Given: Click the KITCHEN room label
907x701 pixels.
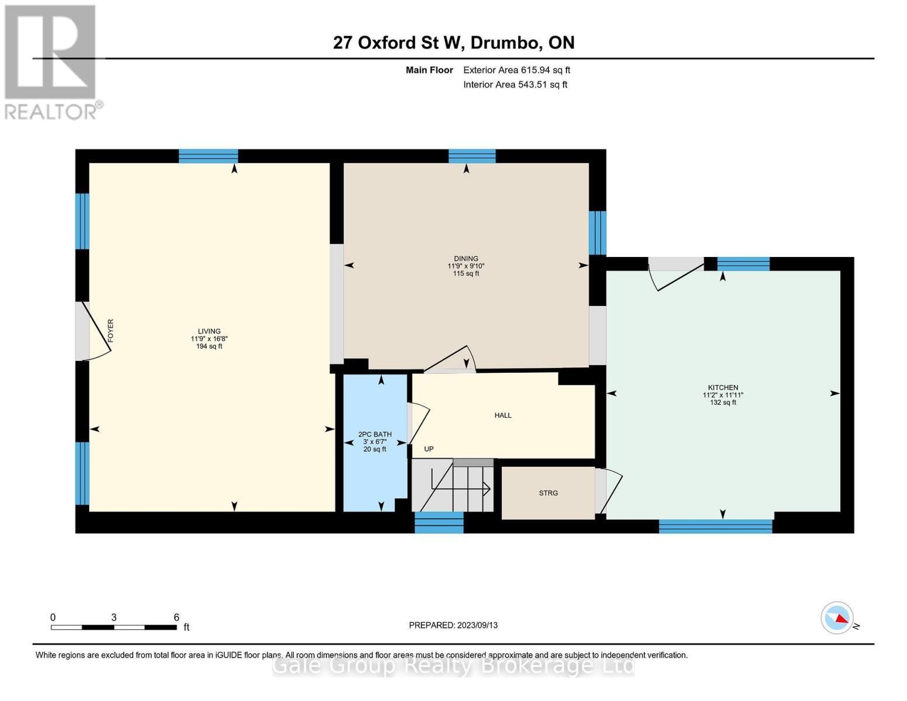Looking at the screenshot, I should [x=722, y=388].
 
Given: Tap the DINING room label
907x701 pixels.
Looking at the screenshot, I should [x=465, y=259].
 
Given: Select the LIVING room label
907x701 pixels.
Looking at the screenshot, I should [x=209, y=331].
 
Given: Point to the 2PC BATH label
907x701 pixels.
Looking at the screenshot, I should [x=374, y=435].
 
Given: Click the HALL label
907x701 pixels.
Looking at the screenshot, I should [x=503, y=415].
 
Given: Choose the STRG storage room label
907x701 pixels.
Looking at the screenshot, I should [x=548, y=493].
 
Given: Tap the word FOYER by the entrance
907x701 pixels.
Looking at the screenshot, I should [x=110, y=331].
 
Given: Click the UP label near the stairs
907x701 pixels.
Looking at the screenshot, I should [x=429, y=449].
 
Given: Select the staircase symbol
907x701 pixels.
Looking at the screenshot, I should [x=453, y=485].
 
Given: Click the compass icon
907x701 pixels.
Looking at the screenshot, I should [x=837, y=617].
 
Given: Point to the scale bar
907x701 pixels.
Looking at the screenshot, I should [x=114, y=627].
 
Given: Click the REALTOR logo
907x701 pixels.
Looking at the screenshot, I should [x=51, y=61].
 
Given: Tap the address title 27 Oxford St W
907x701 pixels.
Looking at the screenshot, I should [x=453, y=43].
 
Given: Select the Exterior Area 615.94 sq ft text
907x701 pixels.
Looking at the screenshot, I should [x=516, y=70].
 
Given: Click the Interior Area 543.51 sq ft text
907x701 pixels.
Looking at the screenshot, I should [x=515, y=85].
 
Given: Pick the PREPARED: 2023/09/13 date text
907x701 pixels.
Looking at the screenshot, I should [x=453, y=625].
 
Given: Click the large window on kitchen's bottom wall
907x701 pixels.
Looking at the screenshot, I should [x=715, y=526].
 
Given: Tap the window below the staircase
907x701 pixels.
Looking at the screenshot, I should [x=439, y=522].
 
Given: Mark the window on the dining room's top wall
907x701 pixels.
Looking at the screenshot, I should [x=472, y=156].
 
